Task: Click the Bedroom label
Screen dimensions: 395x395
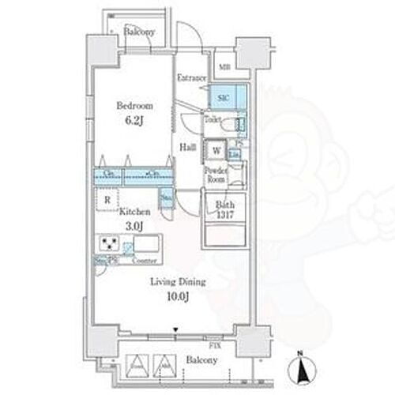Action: point(136,105)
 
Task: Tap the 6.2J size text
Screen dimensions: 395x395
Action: point(136,121)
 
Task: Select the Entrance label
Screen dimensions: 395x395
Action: point(191,78)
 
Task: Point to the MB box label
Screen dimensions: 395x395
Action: point(224,67)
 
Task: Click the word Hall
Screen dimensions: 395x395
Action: point(187,148)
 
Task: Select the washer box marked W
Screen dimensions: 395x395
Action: point(215,150)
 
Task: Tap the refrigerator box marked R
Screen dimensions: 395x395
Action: point(107,201)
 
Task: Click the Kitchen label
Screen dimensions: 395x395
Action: point(135,213)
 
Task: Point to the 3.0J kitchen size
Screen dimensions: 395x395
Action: point(136,226)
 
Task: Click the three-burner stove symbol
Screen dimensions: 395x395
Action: point(108,243)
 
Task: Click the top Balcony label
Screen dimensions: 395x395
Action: point(140,32)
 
